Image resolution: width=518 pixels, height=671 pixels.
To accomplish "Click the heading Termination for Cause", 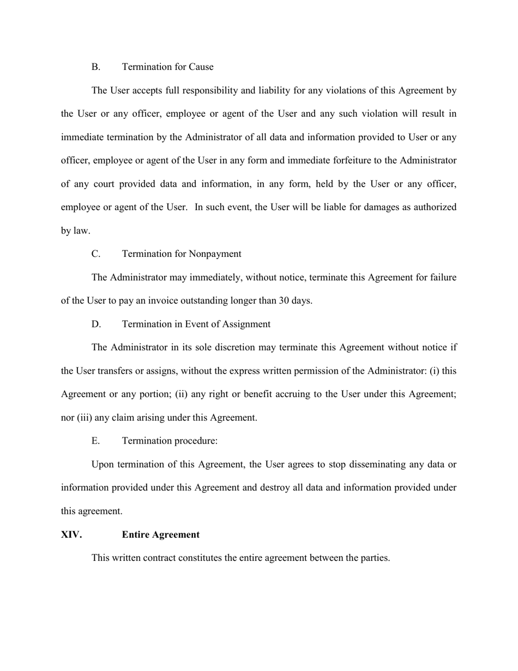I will click(167, 67).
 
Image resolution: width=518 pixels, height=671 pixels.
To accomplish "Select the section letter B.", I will click(96, 67).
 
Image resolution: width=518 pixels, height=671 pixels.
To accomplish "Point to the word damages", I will click(363, 207).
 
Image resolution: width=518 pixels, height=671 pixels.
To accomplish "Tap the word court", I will click(103, 184).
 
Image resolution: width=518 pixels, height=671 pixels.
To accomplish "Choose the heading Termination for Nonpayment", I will click(182, 254).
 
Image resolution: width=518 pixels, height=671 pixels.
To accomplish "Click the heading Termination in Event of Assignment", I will click(196, 324).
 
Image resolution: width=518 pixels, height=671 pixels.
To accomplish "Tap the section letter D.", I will click(96, 324).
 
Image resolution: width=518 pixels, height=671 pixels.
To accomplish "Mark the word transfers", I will click(115, 371).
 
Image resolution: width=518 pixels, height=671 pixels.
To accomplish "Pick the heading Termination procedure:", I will click(170, 441).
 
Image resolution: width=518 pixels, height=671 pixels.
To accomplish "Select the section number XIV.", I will click(71, 535).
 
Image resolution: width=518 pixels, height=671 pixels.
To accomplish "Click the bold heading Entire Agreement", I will click(160, 535).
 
